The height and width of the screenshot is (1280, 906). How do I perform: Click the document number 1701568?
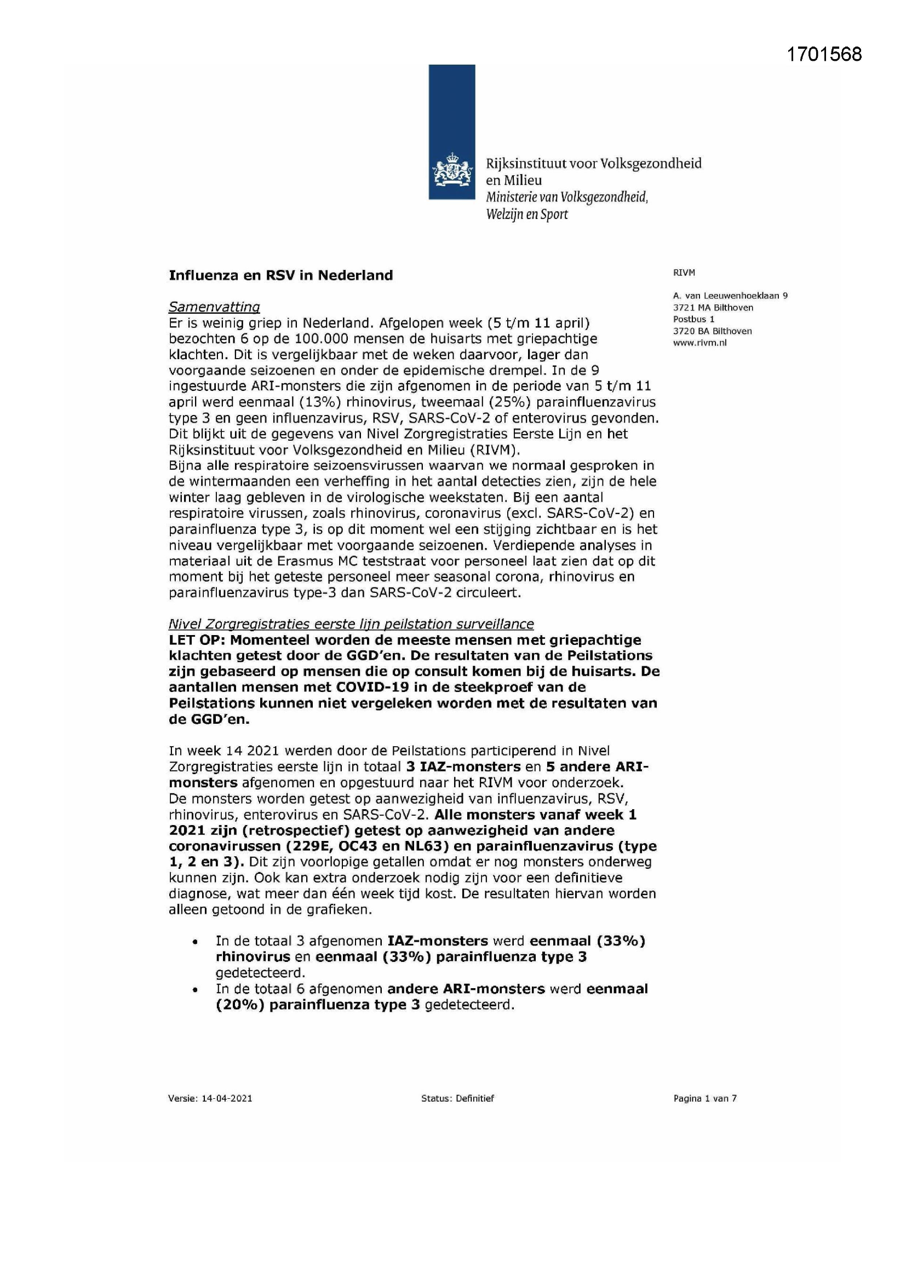click(824, 54)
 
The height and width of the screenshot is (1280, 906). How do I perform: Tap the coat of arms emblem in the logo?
click(451, 172)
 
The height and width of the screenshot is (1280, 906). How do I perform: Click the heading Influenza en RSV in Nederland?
click(280, 275)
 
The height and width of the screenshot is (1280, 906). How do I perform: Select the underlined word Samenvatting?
click(214, 307)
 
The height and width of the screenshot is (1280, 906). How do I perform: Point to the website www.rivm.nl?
click(699, 343)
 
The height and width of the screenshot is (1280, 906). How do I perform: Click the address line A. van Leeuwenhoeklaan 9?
click(730, 296)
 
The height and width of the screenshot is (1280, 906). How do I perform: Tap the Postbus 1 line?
click(693, 319)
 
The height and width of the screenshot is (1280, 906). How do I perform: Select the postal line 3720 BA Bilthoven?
click(713, 331)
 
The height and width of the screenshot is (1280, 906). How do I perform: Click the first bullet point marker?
click(194, 942)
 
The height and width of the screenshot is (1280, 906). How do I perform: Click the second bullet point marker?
click(194, 990)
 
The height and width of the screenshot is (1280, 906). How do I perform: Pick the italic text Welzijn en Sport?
click(526, 215)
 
